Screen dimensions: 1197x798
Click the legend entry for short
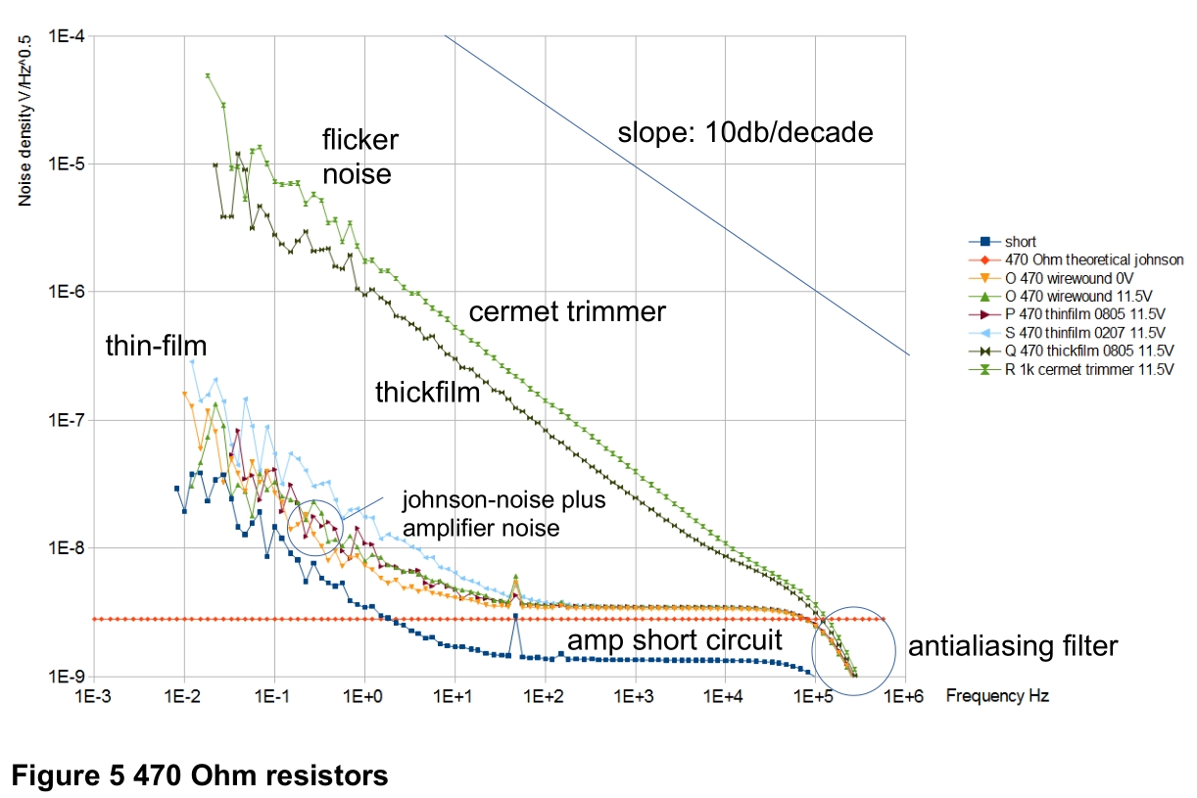(1002, 242)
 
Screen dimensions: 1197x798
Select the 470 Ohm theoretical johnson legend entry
(1076, 259)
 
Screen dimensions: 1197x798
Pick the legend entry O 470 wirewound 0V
(1051, 278)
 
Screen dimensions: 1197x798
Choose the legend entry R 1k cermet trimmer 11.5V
(1071, 369)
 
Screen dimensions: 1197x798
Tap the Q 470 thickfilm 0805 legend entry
(1071, 351)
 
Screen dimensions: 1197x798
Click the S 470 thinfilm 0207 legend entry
(1067, 333)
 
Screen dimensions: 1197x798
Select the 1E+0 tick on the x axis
(362, 696)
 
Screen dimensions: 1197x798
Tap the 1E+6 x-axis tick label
(904, 696)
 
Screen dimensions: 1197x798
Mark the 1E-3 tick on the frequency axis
(92, 696)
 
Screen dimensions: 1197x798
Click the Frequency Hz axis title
(997, 695)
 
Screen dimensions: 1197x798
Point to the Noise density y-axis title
(24, 121)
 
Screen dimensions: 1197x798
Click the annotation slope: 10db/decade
(745, 132)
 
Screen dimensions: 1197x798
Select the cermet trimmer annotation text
(567, 311)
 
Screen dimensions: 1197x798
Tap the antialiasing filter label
(1013, 646)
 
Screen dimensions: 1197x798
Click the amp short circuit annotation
(675, 640)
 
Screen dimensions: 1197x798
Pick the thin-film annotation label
(156, 346)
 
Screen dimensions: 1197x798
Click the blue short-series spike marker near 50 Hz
(515, 616)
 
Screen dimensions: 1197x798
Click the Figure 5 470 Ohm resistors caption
(200, 775)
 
